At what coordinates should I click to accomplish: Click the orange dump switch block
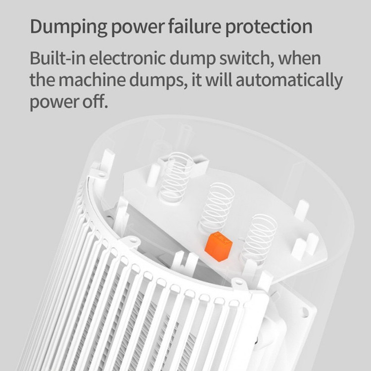[x=218, y=246]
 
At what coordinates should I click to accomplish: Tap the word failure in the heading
[x=195, y=26]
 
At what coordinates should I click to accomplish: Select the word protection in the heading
[x=269, y=27]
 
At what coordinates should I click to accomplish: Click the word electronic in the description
[x=127, y=58]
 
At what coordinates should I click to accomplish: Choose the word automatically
[x=289, y=81]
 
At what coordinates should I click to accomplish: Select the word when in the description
[x=300, y=58]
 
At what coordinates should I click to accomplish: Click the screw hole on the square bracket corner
[x=305, y=312]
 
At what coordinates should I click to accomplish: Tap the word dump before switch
[x=192, y=59]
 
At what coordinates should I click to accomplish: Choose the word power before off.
[x=54, y=102]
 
